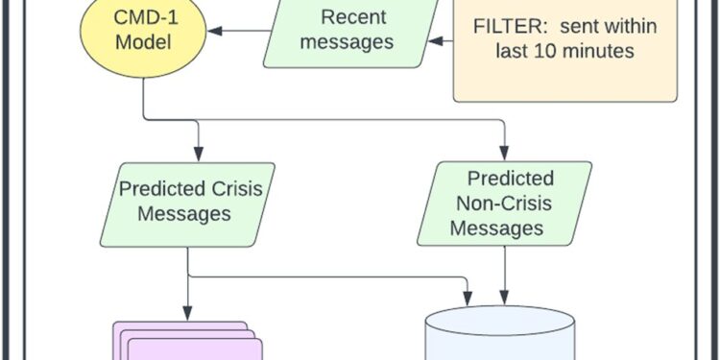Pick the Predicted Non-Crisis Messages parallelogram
coord(504,204)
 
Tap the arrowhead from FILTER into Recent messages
coord(433,41)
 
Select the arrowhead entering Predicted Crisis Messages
coord(199,153)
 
